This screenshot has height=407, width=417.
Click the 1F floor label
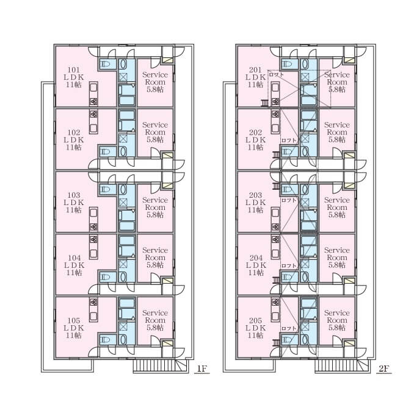tap(202, 369)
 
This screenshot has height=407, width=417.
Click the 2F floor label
tap(384, 369)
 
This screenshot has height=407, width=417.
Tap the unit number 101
tap(74, 70)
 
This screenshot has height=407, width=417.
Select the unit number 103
tap(74, 195)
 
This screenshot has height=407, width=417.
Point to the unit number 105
tap(74, 320)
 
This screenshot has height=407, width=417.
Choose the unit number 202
tap(256, 132)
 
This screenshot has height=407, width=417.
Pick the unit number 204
tap(256, 258)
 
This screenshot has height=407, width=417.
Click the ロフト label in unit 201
tap(277, 74)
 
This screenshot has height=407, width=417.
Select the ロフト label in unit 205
tap(289, 328)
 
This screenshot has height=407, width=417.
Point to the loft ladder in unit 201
tap(265, 103)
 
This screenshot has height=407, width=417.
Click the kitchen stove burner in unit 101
tap(93, 101)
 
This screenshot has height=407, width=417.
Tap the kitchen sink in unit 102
tap(93, 128)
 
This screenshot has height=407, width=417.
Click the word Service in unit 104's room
tap(155, 250)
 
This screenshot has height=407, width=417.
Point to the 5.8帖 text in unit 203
tap(337, 215)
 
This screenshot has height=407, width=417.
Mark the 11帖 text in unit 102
tap(74, 147)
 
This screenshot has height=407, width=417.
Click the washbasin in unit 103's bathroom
tap(123, 190)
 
